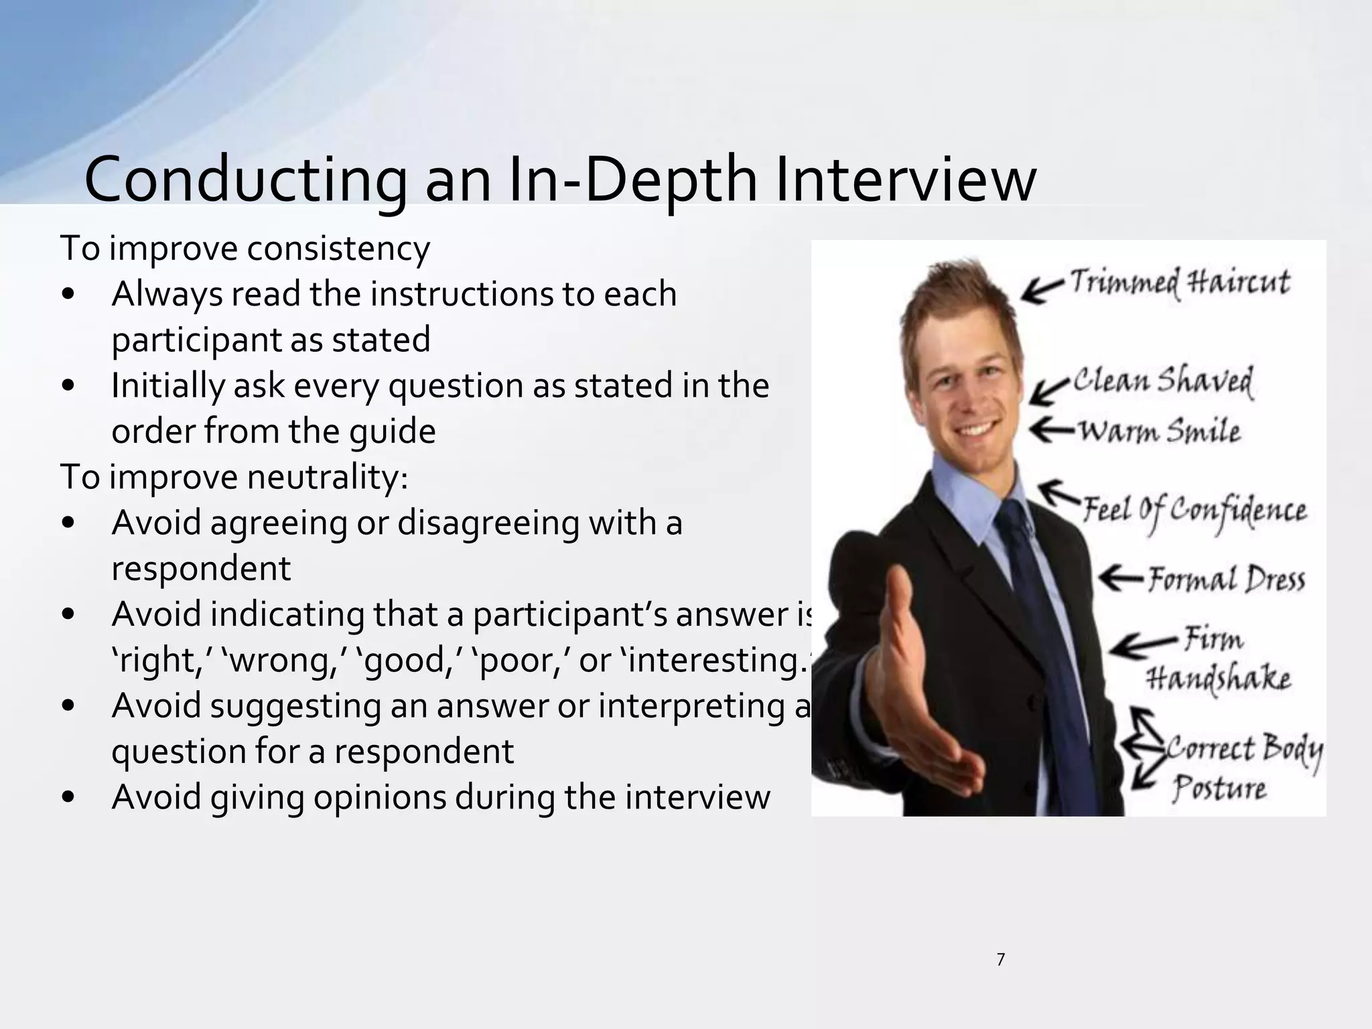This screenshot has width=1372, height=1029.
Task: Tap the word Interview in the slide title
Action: [906, 180]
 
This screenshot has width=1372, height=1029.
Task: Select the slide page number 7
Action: [1001, 960]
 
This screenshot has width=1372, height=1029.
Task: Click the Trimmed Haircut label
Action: [1179, 282]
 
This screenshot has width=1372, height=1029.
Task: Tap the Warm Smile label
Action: [1159, 431]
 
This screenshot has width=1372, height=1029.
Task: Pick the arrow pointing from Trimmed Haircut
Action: [1042, 290]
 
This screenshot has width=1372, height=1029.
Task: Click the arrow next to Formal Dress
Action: [1120, 578]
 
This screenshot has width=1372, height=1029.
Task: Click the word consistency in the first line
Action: [338, 249]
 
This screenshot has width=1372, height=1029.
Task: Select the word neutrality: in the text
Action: [327, 478]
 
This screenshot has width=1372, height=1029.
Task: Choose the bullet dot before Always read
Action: [68, 295]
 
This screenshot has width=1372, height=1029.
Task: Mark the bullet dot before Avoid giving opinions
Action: [68, 798]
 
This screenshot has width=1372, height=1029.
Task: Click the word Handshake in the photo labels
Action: [1218, 678]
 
